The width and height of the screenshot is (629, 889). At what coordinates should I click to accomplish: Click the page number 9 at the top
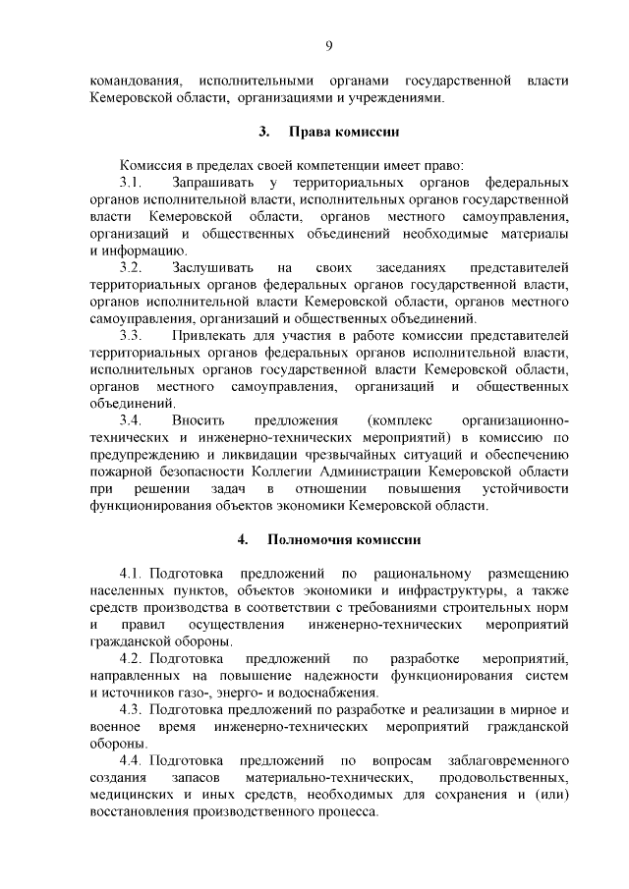tap(329, 44)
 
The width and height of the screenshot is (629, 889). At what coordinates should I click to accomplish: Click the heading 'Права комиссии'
tap(343, 132)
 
